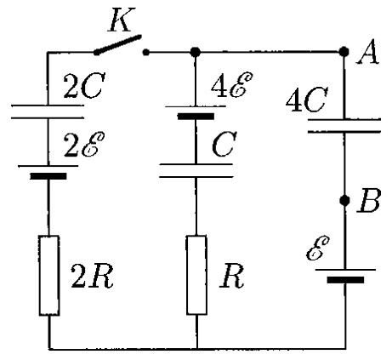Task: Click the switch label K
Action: pos(122,20)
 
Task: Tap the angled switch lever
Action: pos(117,45)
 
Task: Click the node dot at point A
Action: pos(344,52)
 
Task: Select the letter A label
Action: pos(368,51)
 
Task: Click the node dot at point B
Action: pos(344,201)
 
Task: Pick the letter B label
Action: pos(368,200)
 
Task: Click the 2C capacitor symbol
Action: pos(48,111)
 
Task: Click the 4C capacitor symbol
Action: pos(344,126)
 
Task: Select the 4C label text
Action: pos(307,100)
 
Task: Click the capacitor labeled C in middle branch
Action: pos(196,170)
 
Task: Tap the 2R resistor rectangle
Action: pos(49,275)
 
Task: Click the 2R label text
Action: pos(92,277)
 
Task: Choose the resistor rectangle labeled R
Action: pos(196,275)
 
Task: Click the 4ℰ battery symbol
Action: pos(196,112)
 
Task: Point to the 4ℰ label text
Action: pos(231,85)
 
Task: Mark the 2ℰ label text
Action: pos(84,145)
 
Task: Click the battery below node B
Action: pos(345,276)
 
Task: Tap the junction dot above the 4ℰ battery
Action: pos(196,52)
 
